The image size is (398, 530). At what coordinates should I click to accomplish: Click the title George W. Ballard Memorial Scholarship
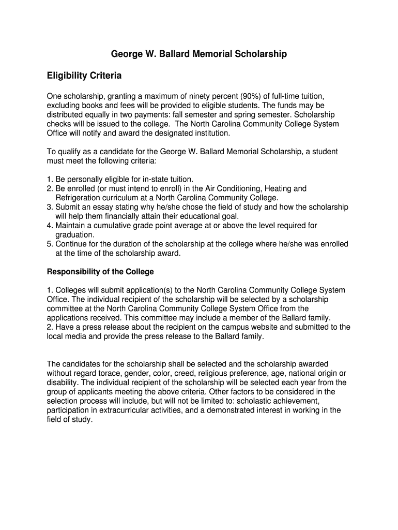tap(199, 54)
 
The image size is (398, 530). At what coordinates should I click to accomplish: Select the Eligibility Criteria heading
tap(84, 76)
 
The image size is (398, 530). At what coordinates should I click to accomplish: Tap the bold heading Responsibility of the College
tap(100, 272)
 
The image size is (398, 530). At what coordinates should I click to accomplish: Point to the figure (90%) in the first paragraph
tap(237, 96)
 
